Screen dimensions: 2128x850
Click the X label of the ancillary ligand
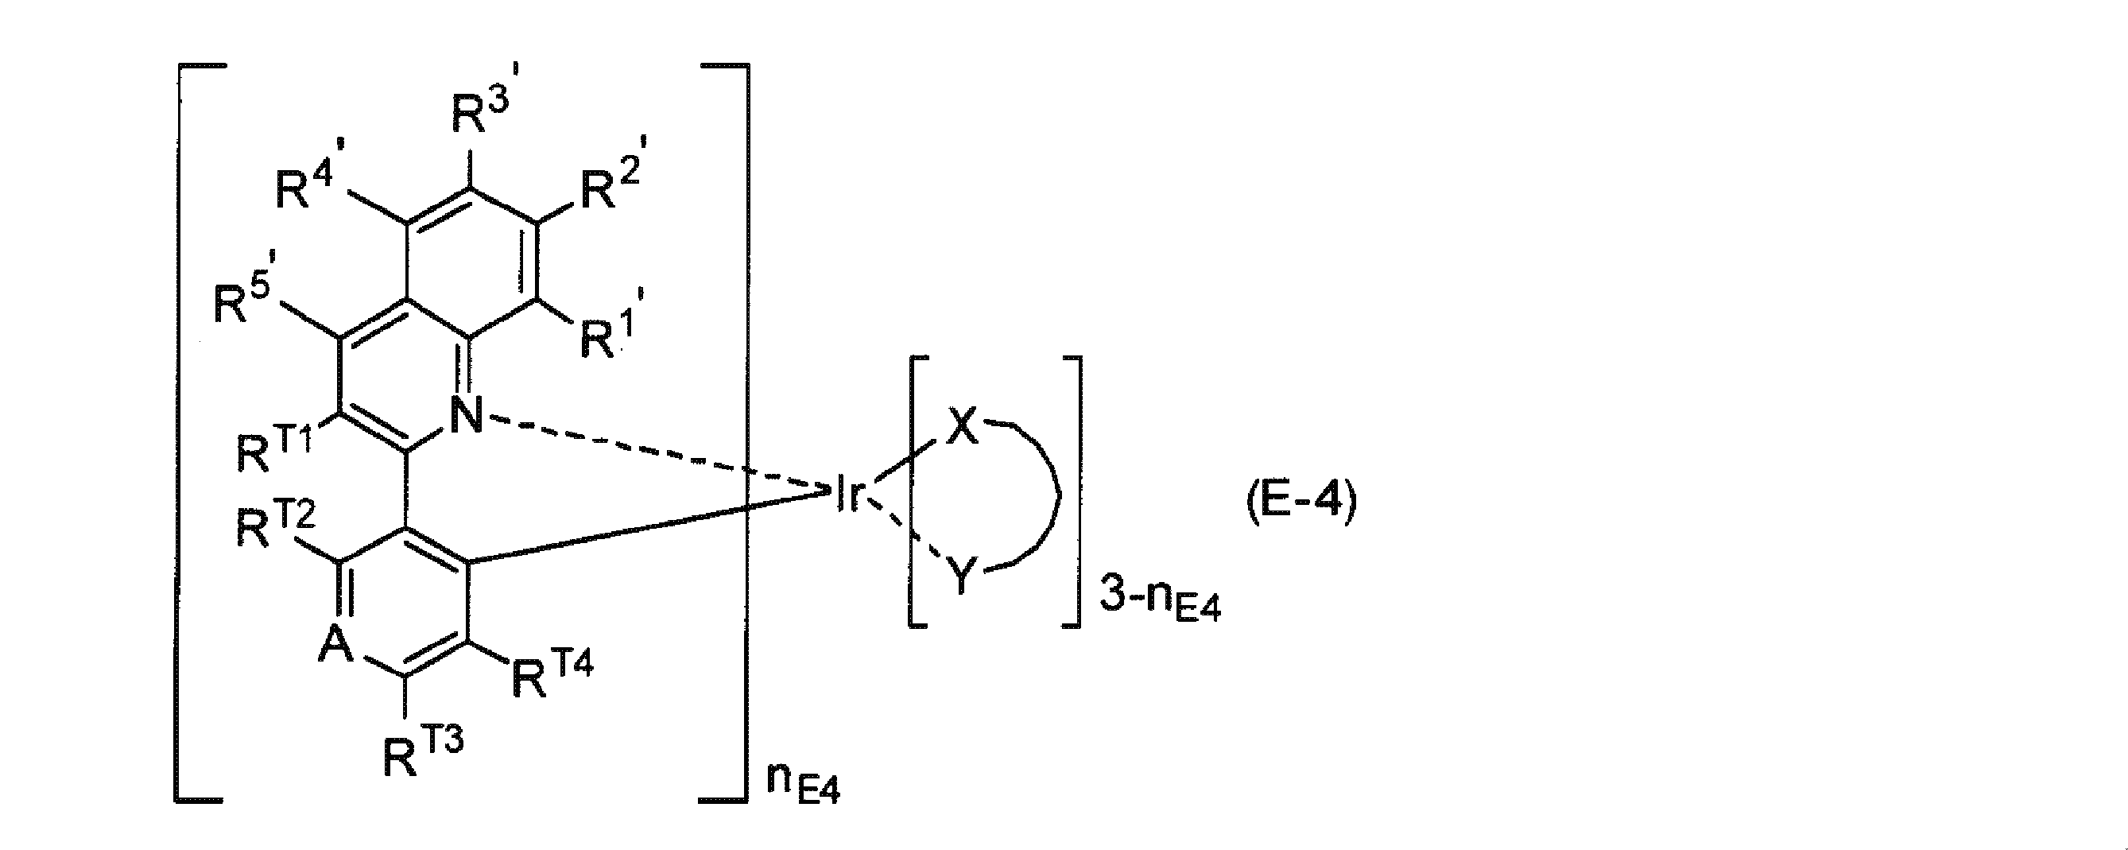pos(962,428)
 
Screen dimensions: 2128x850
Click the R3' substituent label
pos(487,111)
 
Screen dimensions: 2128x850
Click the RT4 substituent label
pos(552,675)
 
